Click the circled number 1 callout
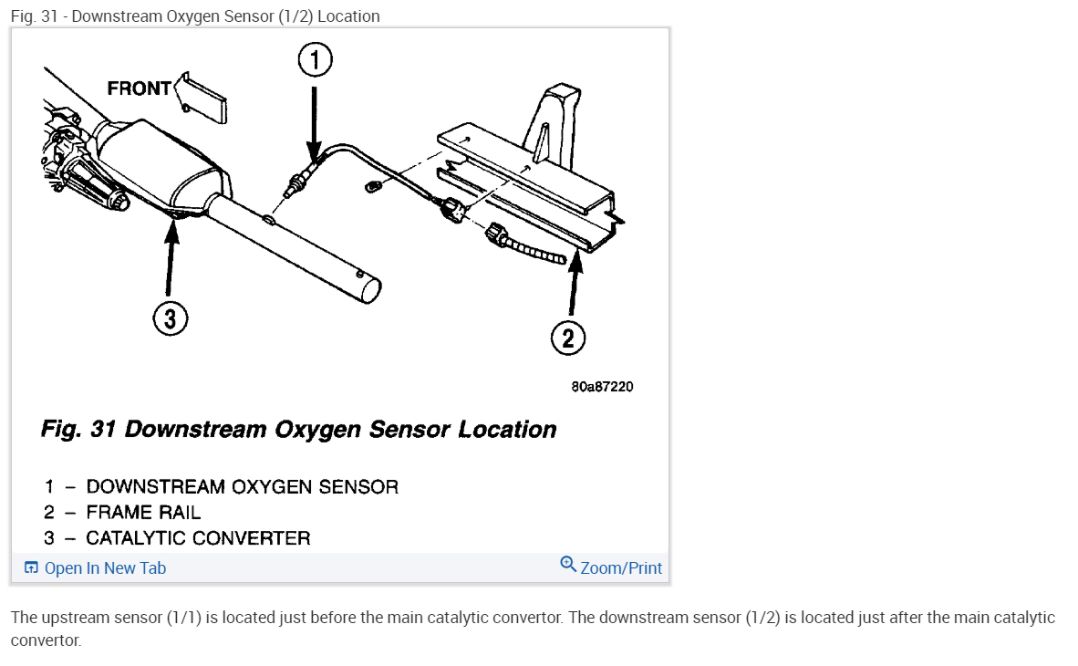(315, 61)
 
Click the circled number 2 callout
(567, 338)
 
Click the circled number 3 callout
(171, 318)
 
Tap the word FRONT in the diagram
(139, 88)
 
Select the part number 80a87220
(602, 387)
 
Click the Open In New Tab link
(105, 568)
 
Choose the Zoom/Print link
(621, 568)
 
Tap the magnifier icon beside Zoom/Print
(568, 565)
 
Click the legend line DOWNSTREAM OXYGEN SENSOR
(242, 487)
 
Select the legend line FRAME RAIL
(143, 513)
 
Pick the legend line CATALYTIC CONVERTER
(198, 538)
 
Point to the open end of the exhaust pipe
(370, 291)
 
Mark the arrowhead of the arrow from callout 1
(314, 157)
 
